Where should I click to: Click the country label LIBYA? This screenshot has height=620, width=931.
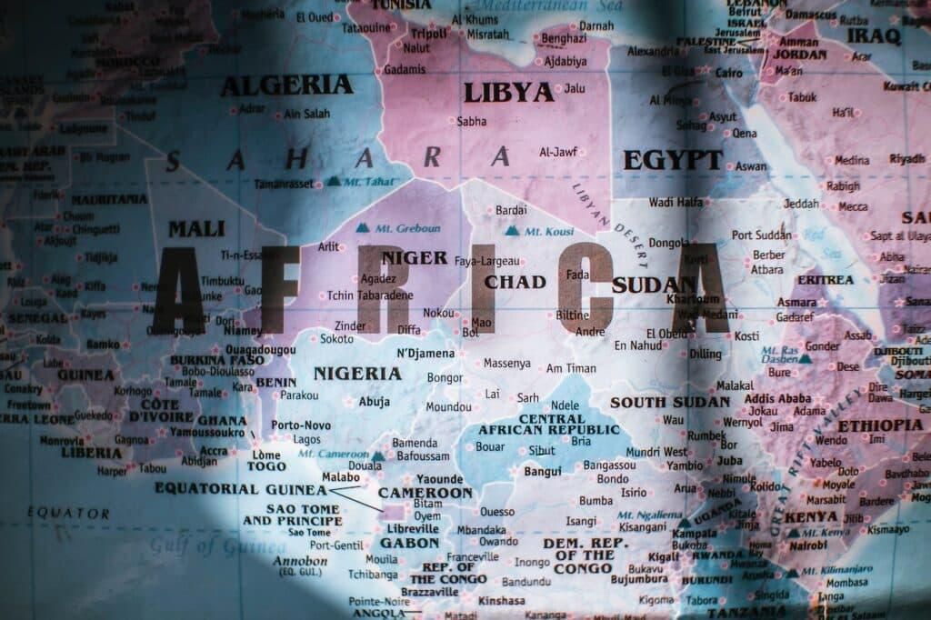coord(508,93)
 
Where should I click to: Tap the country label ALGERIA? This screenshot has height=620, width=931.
coord(286,85)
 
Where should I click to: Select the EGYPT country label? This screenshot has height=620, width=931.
coord(672,161)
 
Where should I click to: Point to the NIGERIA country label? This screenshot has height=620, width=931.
coord(357,374)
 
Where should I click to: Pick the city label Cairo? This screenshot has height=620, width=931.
coord(728,72)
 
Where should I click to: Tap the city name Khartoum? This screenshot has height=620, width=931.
coord(693,299)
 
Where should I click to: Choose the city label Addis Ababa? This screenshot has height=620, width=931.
coord(777,398)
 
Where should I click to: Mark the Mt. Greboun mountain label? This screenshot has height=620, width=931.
coord(407,228)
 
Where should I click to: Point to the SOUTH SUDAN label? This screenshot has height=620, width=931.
coord(669,402)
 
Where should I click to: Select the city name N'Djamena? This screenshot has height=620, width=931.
coord(425,353)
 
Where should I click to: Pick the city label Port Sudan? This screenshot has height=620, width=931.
coord(761,235)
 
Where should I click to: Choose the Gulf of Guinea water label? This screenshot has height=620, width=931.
coord(217,545)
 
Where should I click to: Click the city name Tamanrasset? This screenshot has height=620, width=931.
coord(284,184)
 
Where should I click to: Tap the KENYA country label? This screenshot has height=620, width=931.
coord(810,516)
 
